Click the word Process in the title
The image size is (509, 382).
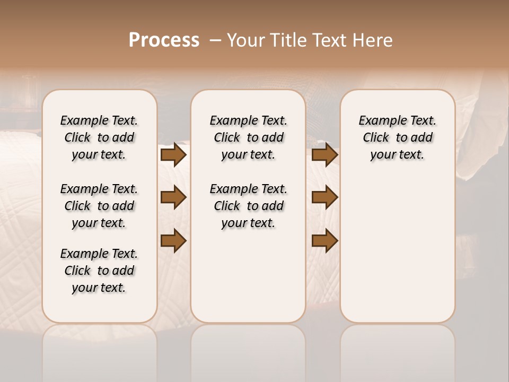coord(164,40)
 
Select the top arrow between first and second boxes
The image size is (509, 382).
coord(173,155)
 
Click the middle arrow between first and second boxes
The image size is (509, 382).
coord(173,197)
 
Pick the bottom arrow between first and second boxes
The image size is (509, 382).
coord(173,240)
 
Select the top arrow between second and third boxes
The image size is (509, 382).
coord(324,155)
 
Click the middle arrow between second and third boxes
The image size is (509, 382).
coord(324,197)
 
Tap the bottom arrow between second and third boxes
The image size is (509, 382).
coord(324,240)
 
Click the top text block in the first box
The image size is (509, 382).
coord(99,137)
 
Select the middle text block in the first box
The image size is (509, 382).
coord(99,206)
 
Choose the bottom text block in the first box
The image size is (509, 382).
coord(99,271)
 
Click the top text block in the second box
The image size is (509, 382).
coord(248,137)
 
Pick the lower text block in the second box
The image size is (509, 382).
coord(248,206)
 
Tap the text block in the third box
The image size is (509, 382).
coord(397,137)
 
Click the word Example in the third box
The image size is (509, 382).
coord(379,121)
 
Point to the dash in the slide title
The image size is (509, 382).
coord(215,41)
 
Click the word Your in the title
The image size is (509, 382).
coord(245,40)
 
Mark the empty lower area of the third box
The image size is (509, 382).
coord(397,249)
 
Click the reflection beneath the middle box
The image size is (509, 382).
coord(248,350)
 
